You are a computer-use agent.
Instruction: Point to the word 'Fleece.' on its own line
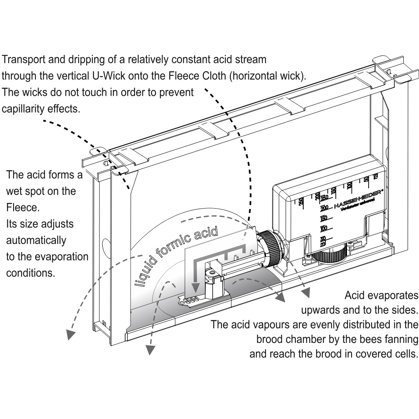(x=23, y=207)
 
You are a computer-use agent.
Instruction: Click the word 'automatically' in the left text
(x=36, y=240)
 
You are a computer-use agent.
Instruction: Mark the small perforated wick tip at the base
(x=191, y=302)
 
